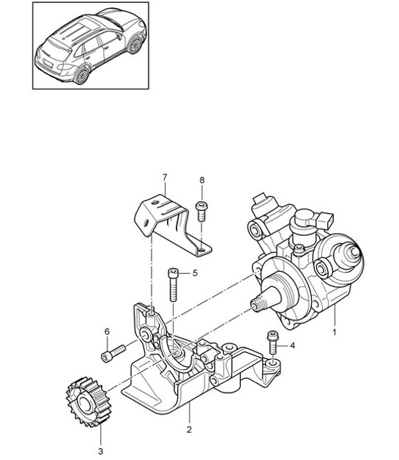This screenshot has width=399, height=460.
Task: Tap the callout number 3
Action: [x=101, y=443]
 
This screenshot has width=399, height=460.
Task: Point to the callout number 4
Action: [x=292, y=345]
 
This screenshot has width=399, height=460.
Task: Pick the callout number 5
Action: [x=195, y=273]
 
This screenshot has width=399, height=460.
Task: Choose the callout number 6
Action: [x=107, y=332]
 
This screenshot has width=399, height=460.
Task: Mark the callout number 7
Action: [x=165, y=177]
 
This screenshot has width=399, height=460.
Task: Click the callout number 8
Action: [x=202, y=180]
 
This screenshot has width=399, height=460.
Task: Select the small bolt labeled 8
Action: [x=202, y=210]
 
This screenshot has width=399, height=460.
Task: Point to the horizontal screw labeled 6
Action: [x=111, y=356]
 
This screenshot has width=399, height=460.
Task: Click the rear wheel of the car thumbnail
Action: [x=81, y=74]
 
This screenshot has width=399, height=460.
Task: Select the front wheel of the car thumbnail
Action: [x=134, y=45]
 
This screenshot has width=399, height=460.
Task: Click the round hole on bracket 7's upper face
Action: [x=146, y=222]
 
